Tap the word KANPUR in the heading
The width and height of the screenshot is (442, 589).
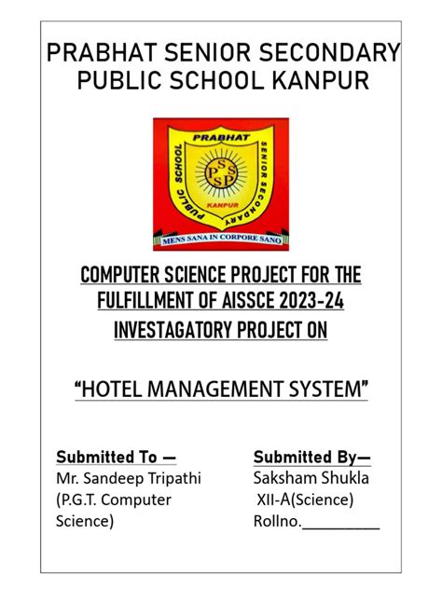point(320,81)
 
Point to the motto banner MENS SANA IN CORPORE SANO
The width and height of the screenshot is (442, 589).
point(220,240)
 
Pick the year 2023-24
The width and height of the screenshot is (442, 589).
point(325,301)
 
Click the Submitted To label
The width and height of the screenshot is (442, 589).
point(116,457)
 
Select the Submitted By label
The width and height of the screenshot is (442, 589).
point(311,457)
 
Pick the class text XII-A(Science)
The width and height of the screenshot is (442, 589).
point(305,500)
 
